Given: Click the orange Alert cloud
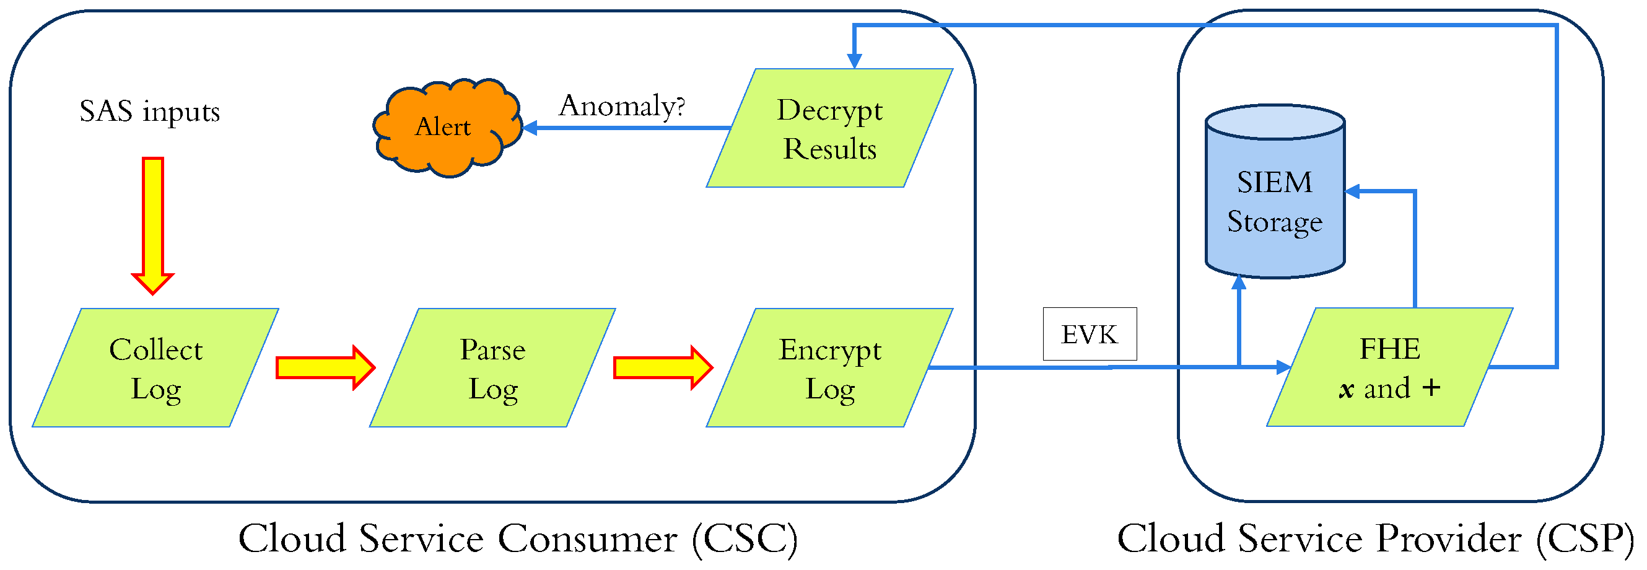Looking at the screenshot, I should pyautogui.click(x=446, y=126).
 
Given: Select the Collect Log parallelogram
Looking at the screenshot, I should pyautogui.click(x=155, y=368).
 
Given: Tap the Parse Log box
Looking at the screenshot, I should pyautogui.click(x=492, y=368).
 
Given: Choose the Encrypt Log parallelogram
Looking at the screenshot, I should pyautogui.click(x=829, y=368).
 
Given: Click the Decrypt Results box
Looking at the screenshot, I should pyautogui.click(x=829, y=128).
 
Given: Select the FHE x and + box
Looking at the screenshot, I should pyautogui.click(x=1389, y=367).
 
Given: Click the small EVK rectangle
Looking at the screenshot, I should pyautogui.click(x=1090, y=334).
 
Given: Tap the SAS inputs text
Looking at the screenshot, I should pyautogui.click(x=150, y=112).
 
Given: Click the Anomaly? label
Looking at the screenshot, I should pyautogui.click(x=621, y=105).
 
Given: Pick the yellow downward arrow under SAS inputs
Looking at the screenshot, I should pyautogui.click(x=153, y=224).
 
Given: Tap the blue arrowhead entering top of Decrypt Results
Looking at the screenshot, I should pyautogui.click(x=854, y=61).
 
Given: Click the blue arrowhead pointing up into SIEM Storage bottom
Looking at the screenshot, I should pyautogui.click(x=1239, y=283).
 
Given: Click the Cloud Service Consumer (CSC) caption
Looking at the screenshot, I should pyautogui.click(x=518, y=538).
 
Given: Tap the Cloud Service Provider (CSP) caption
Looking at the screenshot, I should pyautogui.click(x=1374, y=538).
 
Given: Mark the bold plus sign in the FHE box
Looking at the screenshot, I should pyautogui.click(x=1431, y=388).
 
